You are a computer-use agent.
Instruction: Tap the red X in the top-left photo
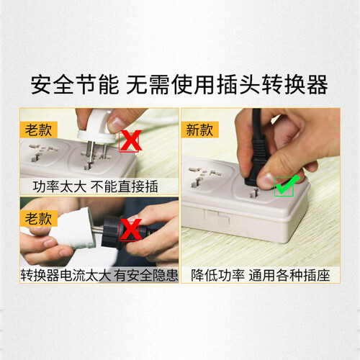130,140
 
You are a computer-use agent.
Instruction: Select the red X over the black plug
130,229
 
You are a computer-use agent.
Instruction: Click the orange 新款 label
199,130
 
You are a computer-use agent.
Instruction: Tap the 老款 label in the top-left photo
38,130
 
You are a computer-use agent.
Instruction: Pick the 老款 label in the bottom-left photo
38,218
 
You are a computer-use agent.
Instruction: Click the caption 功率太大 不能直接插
96,186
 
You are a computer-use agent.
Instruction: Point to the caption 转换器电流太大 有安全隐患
99,275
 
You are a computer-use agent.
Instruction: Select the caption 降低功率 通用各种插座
261,275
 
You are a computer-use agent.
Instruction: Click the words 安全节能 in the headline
75,85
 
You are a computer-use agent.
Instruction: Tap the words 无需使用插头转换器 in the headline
227,85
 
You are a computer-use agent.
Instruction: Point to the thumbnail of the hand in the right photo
267,179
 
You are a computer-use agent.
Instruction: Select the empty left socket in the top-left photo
43,153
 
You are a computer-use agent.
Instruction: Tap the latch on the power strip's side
217,217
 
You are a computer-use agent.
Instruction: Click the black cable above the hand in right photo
257,122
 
